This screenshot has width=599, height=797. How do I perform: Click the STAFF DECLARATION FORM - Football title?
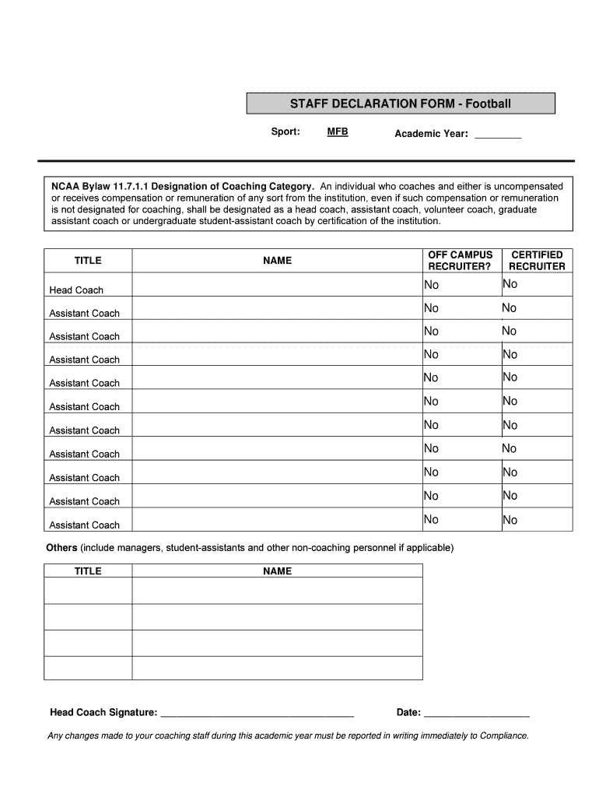tap(401, 104)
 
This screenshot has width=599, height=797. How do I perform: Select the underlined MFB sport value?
tap(338, 132)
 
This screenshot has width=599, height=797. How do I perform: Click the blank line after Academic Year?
tap(497, 135)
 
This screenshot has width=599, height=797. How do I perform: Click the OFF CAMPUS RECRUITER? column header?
tap(460, 261)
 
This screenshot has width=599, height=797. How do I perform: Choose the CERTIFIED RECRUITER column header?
tap(537, 261)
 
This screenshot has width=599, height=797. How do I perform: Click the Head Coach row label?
tap(76, 290)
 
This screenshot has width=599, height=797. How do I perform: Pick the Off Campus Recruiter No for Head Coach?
tap(431, 285)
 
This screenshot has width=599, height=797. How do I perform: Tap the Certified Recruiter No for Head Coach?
tap(510, 284)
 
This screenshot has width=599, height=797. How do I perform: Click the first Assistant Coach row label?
tap(85, 314)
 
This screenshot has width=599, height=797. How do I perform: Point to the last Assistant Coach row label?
tap(85, 525)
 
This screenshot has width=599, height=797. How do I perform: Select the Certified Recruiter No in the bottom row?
tap(510, 520)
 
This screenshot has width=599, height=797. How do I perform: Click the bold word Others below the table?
tap(61, 548)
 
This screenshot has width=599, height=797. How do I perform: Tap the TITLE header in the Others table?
tap(88, 571)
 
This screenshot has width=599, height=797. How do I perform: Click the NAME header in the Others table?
tap(277, 571)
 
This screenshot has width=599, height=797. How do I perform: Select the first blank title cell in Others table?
tap(88, 592)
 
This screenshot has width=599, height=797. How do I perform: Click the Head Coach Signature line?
tap(257, 711)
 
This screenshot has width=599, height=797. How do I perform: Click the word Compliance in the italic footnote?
tap(503, 736)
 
